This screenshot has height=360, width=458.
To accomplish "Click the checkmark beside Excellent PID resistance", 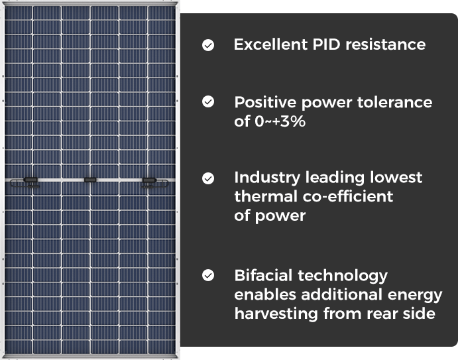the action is click(208, 45).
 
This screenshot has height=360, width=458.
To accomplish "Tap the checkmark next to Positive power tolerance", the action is click(208, 101).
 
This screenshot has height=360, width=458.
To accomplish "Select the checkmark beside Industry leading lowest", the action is click(208, 178).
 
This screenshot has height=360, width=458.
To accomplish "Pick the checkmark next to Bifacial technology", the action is click(208, 275).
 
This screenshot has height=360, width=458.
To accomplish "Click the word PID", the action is click(327, 44).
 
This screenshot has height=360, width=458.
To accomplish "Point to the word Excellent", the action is click(271, 44).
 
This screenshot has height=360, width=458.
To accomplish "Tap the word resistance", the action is click(385, 44).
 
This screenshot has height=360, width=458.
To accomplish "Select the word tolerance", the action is click(394, 102).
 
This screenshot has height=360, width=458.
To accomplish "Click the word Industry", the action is click(267, 178).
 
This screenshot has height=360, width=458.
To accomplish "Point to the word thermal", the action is click(266, 196).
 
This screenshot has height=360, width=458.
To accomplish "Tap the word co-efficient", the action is click(347, 196).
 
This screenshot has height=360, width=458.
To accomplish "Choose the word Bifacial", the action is click(263, 275).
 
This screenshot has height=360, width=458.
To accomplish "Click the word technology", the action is click(343, 276).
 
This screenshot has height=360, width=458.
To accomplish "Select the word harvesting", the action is click(276, 314).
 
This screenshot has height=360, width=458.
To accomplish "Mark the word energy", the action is click(415, 295).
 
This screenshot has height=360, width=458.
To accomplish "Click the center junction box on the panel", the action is click(90, 180).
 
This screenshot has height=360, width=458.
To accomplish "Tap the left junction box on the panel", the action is click(30, 180).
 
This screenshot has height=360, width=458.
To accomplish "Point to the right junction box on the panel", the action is click(149, 180).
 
